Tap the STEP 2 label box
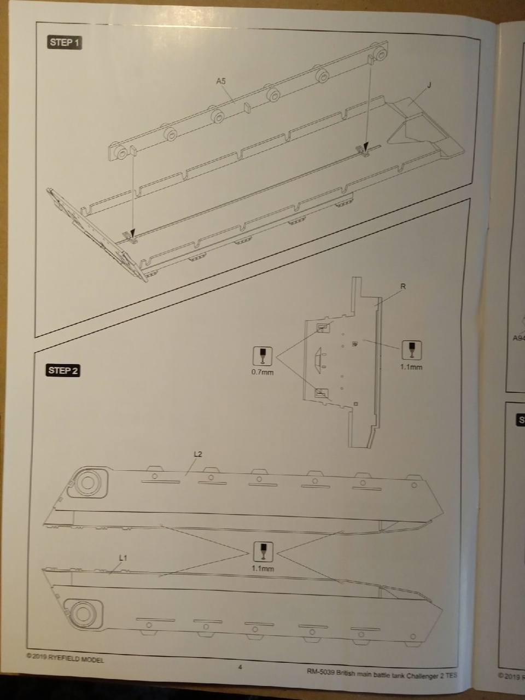pyautogui.click(x=63, y=371)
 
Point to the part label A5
pyautogui.click(x=221, y=81)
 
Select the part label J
pyautogui.click(x=429, y=85)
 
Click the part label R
pyautogui.click(x=403, y=286)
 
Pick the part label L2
pyautogui.click(x=198, y=454)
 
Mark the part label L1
pyautogui.click(x=123, y=558)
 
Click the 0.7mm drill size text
pyautogui.click(x=262, y=372)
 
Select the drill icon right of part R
pyautogui.click(x=411, y=349)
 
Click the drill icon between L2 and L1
pyautogui.click(x=262, y=551)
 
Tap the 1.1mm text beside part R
pyautogui.click(x=411, y=367)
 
